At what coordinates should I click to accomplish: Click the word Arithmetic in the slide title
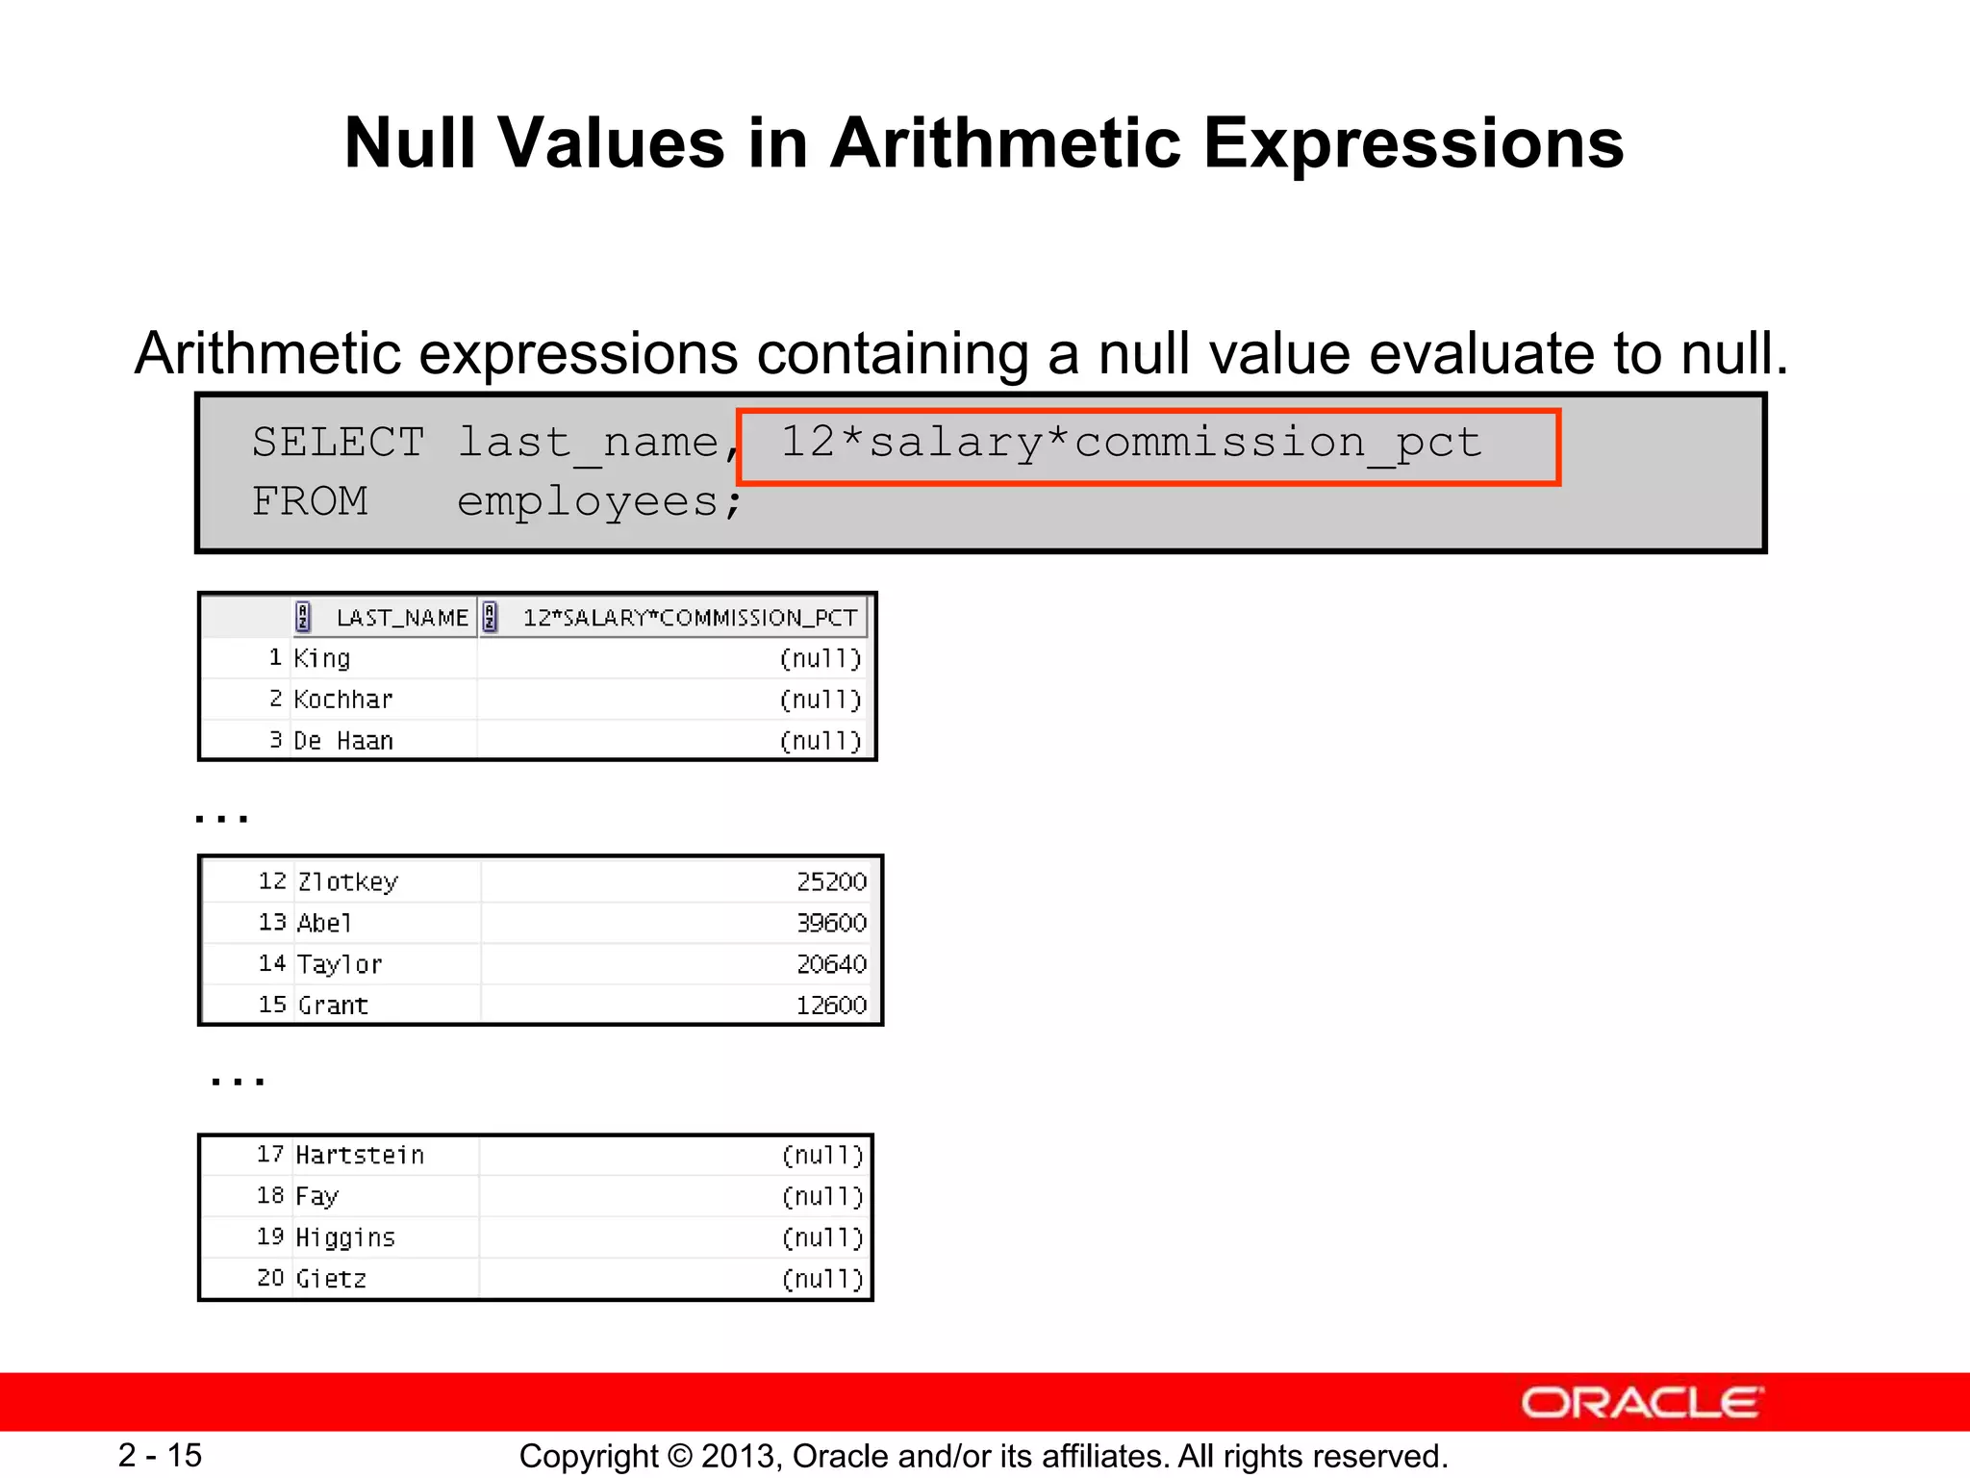pyautogui.click(x=1006, y=143)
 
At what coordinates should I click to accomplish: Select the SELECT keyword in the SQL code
pyautogui.click(x=338, y=443)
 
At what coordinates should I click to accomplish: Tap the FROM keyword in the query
pyautogui.click(x=310, y=501)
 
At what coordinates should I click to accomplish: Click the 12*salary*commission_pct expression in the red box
pyautogui.click(x=1130, y=443)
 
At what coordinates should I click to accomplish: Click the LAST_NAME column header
pyautogui.click(x=401, y=618)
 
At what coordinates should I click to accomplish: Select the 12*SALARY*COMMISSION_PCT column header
pyautogui.click(x=689, y=618)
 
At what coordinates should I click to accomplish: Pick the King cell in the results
pyautogui.click(x=322, y=658)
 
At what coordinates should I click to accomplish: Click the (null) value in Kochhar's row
pyautogui.click(x=820, y=700)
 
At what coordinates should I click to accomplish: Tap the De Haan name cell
pyautogui.click(x=343, y=741)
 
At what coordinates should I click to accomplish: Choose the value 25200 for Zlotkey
pyautogui.click(x=831, y=882)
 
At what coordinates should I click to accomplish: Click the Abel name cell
pyautogui.click(x=325, y=924)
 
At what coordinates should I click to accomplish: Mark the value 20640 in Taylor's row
pyautogui.click(x=831, y=964)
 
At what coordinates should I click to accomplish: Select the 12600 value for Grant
pyautogui.click(x=831, y=1006)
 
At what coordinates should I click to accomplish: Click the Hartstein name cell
pyautogui.click(x=360, y=1156)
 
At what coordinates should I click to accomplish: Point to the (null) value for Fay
pyautogui.click(x=822, y=1197)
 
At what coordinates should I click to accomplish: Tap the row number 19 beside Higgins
pyautogui.click(x=270, y=1237)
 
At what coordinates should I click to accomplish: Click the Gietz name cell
pyautogui.click(x=332, y=1279)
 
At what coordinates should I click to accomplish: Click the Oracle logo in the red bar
pyautogui.click(x=1642, y=1403)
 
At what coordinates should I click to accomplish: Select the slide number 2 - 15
pyautogui.click(x=160, y=1455)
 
